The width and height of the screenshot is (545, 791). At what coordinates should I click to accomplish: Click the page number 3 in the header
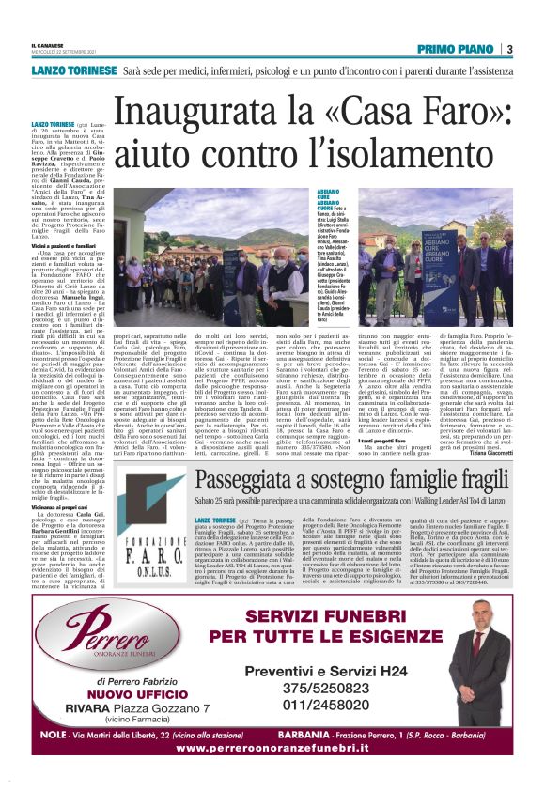[x=508, y=49]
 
